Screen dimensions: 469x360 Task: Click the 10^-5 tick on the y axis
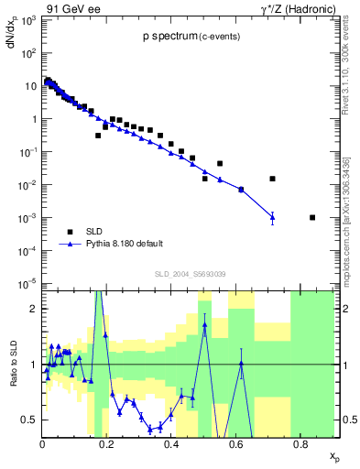point(29,283)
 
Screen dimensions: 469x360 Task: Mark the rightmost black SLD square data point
point(312,217)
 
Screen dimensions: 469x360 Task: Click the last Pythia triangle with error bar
point(272,217)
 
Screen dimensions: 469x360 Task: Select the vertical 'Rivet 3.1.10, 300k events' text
point(344,64)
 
